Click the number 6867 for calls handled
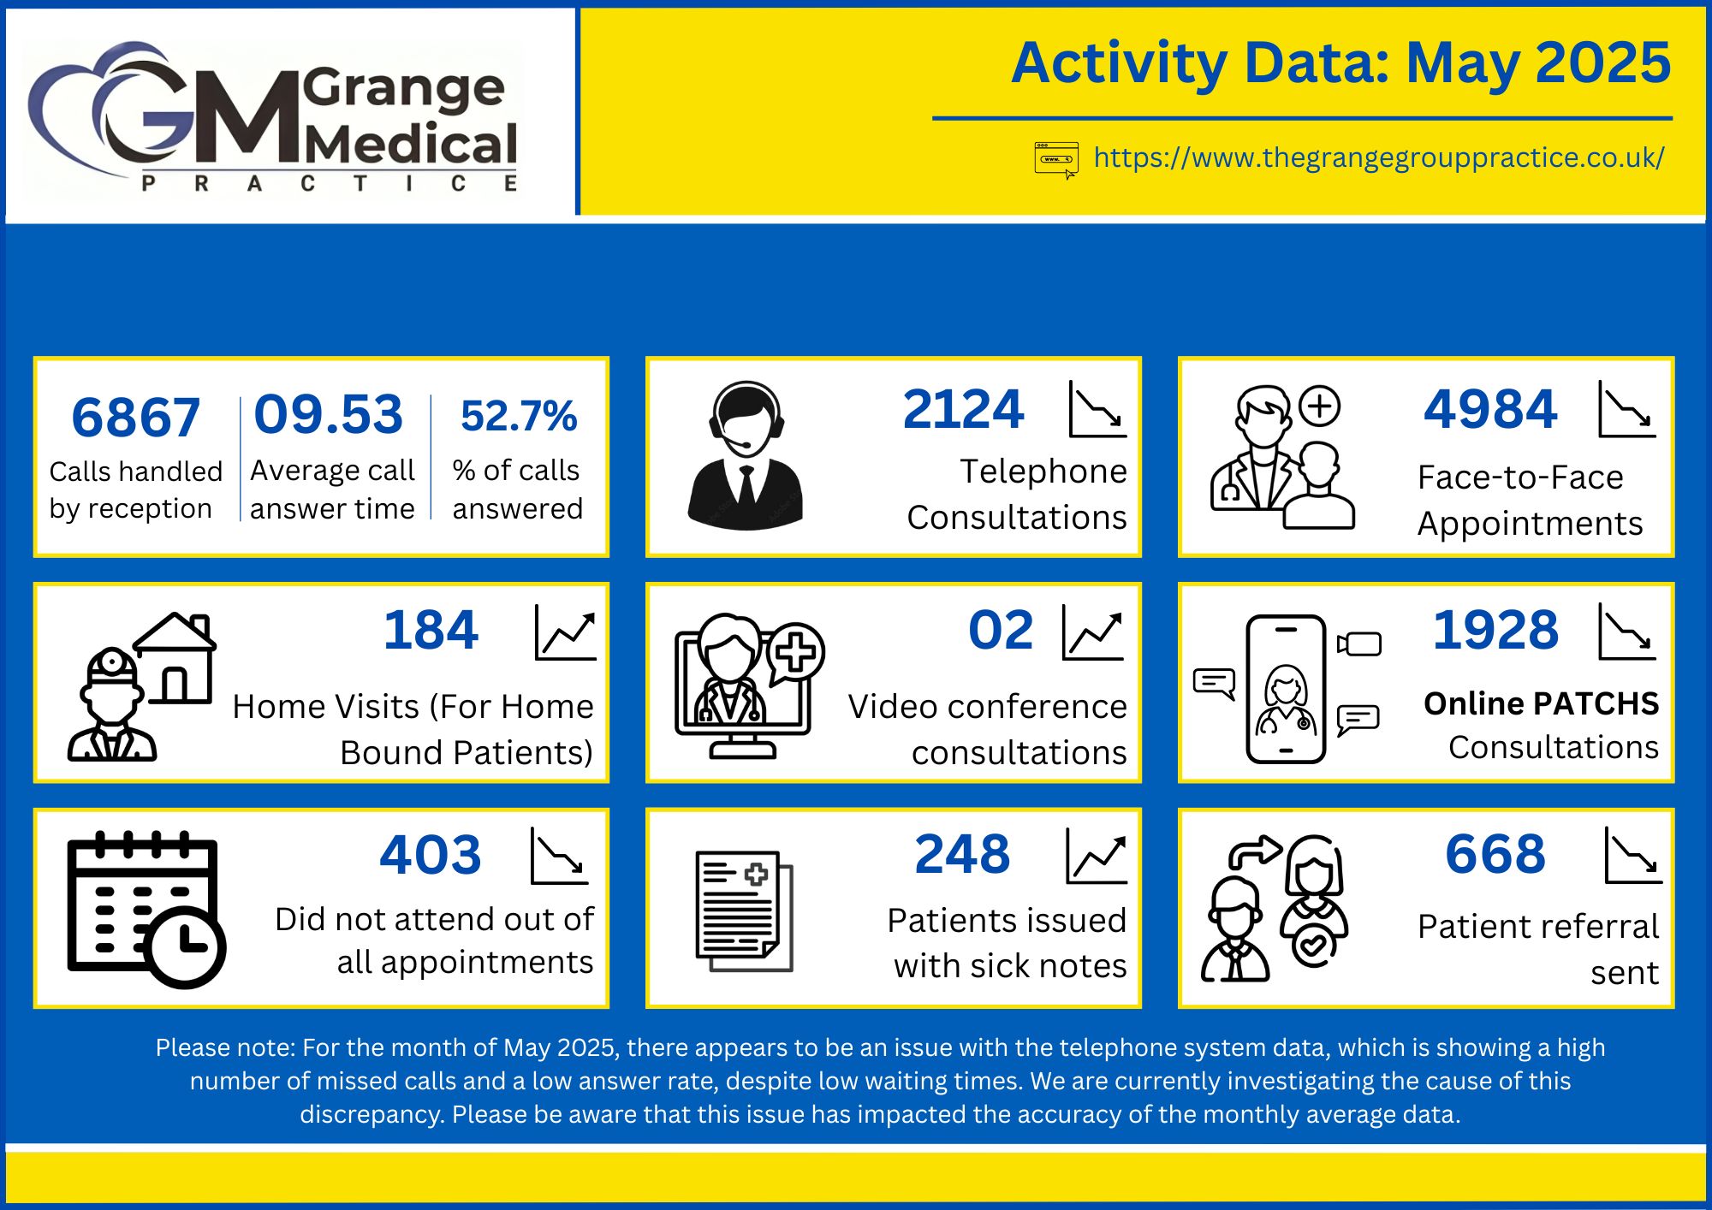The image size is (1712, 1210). click(x=135, y=418)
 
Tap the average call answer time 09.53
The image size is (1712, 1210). click(x=328, y=414)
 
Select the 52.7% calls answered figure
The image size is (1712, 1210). click(x=519, y=416)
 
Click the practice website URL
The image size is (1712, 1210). click(x=1379, y=158)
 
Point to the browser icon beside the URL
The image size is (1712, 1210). click(x=1055, y=160)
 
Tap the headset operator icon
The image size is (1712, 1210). click(x=746, y=455)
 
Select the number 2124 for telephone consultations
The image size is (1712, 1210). click(x=963, y=409)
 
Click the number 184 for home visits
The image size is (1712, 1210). click(x=431, y=631)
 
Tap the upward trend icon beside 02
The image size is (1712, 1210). click(x=1092, y=633)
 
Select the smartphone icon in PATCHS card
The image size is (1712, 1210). click(x=1286, y=689)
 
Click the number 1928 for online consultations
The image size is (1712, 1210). click(x=1495, y=631)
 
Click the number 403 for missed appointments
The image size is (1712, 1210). click(x=431, y=855)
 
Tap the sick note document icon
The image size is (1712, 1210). click(x=744, y=910)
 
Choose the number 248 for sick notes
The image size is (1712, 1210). click(x=962, y=854)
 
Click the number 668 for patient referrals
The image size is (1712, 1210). click(x=1495, y=854)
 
